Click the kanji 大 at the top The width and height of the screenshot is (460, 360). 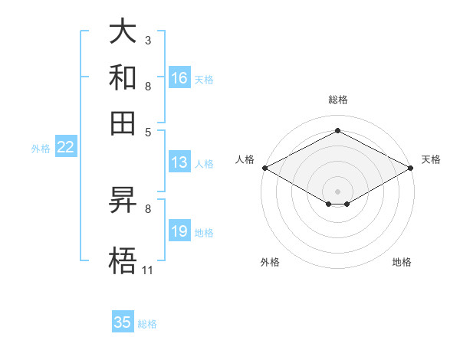click(123, 32)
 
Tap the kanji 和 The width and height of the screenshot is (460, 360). click(123, 78)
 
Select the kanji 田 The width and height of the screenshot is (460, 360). click(123, 122)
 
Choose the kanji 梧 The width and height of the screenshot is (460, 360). click(123, 260)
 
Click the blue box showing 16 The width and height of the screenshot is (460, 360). click(179, 78)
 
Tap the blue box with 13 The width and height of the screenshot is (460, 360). click(179, 162)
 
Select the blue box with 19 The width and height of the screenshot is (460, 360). click(179, 232)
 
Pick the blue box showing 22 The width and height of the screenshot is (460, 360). click(65, 148)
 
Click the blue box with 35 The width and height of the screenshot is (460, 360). click(123, 322)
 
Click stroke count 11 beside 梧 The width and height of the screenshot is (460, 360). click(147, 270)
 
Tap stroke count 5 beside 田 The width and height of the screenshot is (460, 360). click(148, 131)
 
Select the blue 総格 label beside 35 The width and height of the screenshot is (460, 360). click(147, 324)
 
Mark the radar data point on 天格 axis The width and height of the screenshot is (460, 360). click(412, 168)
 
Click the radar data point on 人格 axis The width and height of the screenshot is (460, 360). click(264, 168)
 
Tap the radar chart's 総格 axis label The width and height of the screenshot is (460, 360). click(338, 100)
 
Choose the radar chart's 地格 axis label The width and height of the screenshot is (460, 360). click(402, 262)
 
